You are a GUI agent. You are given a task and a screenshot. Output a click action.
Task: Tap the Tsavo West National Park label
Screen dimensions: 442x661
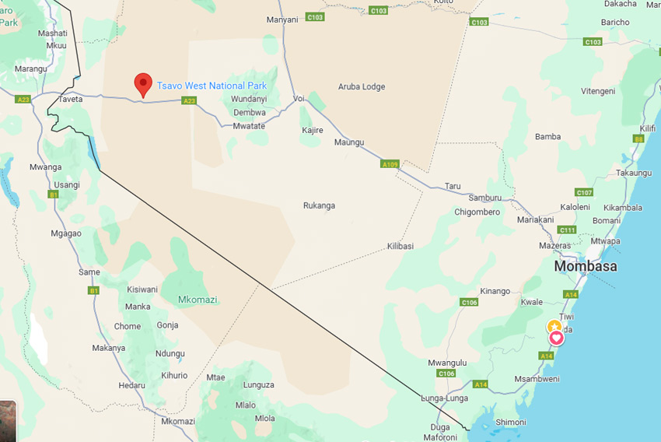tap(212, 86)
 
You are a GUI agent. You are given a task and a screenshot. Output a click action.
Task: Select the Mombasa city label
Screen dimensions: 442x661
tap(586, 266)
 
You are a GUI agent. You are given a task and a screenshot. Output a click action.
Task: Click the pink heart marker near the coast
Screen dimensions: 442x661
tap(557, 339)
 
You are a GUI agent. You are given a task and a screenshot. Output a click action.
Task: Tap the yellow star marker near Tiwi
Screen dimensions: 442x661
tap(553, 327)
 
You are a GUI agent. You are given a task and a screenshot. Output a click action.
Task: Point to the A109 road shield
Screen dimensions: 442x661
tap(390, 164)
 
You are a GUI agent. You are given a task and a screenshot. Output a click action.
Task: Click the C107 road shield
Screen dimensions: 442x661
tap(584, 192)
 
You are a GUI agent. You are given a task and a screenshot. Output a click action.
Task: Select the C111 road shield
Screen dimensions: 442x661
tap(567, 230)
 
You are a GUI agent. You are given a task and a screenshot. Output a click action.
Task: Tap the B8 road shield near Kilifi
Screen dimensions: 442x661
tap(638, 139)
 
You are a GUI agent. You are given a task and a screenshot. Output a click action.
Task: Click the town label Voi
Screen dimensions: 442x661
tap(299, 99)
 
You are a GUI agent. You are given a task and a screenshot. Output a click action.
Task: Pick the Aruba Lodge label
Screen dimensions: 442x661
tap(362, 86)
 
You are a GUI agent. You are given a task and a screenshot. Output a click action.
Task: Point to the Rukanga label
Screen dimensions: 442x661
tap(319, 205)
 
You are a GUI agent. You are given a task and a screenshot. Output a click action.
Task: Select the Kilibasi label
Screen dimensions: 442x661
tap(400, 246)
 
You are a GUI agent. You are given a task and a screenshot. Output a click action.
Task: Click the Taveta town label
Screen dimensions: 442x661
tap(70, 100)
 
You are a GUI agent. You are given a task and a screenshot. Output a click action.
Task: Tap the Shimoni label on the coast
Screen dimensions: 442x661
tap(510, 422)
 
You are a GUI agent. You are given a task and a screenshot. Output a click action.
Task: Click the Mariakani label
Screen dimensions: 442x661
tap(535, 220)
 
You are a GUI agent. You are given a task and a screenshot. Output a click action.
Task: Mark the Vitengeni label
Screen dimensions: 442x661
tap(598, 91)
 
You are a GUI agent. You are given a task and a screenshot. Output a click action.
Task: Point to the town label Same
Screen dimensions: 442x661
tap(89, 272)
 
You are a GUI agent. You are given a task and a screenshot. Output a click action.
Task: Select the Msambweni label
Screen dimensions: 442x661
tap(537, 379)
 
